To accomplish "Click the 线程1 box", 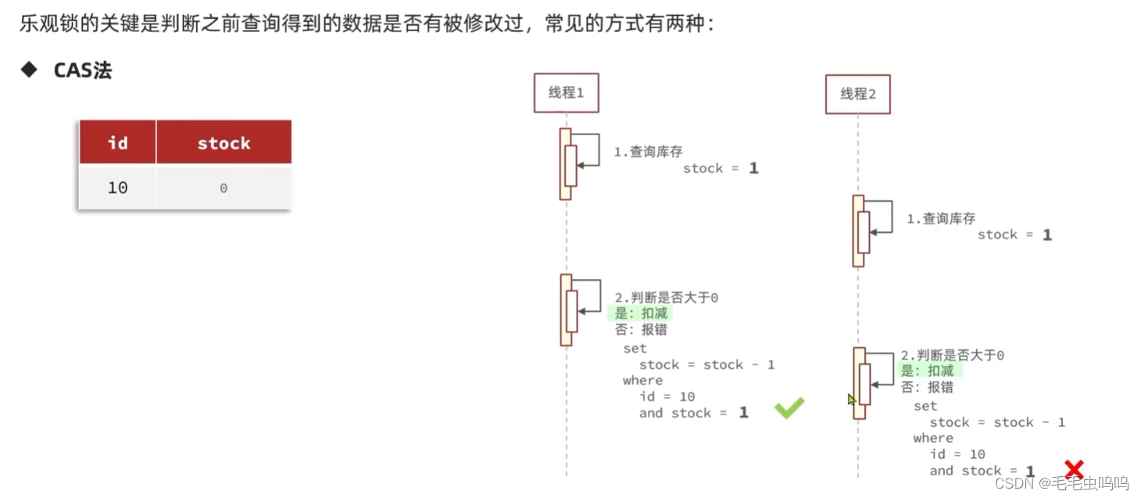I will tap(566, 93).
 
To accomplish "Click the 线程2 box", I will tap(857, 94).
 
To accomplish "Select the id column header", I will tap(117, 142).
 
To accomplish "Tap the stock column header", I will tap(224, 142).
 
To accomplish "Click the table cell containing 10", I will tap(117, 188).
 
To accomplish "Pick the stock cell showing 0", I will tap(224, 188).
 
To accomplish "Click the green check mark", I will tap(789, 407).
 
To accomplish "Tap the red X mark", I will tap(1075, 468).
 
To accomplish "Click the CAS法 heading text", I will tap(83, 70).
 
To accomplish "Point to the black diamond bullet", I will tap(30, 70).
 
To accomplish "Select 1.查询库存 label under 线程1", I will tap(648, 152).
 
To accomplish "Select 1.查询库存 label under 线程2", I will tap(941, 219).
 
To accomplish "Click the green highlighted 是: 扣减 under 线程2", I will tap(928, 371).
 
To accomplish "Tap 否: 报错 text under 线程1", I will tap(641, 329).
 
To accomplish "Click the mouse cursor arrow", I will tap(851, 399).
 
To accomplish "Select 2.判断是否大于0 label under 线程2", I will tap(952, 355).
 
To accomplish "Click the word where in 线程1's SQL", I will tap(642, 380).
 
